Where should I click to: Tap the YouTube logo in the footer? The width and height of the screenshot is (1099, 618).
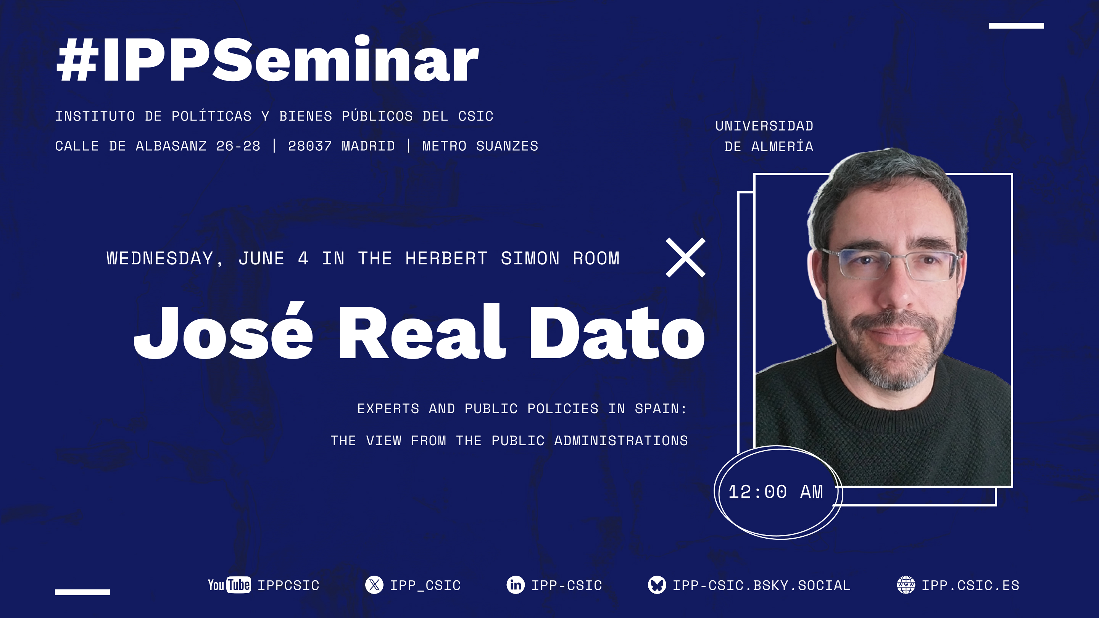point(229,585)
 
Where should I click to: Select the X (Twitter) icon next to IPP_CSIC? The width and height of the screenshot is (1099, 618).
point(374,585)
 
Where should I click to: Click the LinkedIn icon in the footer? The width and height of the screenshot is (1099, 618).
point(516,585)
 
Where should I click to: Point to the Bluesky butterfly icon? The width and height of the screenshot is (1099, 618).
point(657,585)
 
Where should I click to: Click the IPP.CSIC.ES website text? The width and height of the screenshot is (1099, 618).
point(970,586)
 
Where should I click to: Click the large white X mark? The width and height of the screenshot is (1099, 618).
point(686,257)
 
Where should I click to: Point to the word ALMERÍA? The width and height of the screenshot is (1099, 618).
point(782,146)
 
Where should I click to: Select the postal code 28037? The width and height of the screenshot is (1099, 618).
point(310,146)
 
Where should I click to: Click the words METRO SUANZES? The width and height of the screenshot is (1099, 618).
point(480,146)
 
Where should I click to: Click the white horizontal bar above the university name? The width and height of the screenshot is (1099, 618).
point(1016,26)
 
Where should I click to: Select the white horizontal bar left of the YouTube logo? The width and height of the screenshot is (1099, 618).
point(82,592)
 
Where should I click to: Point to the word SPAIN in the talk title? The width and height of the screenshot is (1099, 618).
point(661,409)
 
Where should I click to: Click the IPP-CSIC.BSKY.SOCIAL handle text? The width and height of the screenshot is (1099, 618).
point(762,586)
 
